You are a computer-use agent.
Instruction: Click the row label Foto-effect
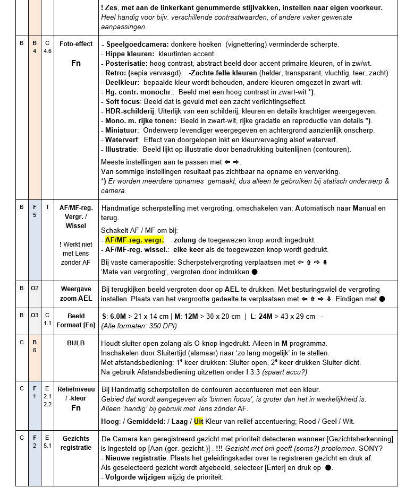76,44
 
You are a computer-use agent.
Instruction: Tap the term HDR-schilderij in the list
130,111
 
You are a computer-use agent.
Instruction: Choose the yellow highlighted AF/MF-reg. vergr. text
134,240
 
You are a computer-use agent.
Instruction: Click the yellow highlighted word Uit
199,421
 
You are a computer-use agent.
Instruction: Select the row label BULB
76,343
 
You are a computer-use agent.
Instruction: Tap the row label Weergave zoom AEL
76,294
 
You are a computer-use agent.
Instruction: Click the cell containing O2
35,289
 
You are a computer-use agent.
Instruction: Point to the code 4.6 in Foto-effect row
47,51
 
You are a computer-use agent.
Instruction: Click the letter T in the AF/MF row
47,207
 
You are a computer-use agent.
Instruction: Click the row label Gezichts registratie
76,443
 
